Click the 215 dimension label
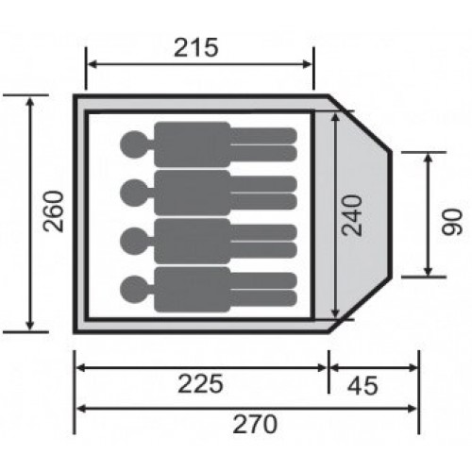pyautogui.click(x=195, y=48)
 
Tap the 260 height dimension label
pyautogui.click(x=54, y=211)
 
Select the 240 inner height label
pyautogui.click(x=352, y=215)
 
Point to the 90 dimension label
pyautogui.click(x=451, y=222)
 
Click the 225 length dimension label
pyautogui.click(x=200, y=383)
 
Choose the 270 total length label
pyautogui.click(x=255, y=425)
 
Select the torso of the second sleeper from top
pyautogui.click(x=193, y=193)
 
